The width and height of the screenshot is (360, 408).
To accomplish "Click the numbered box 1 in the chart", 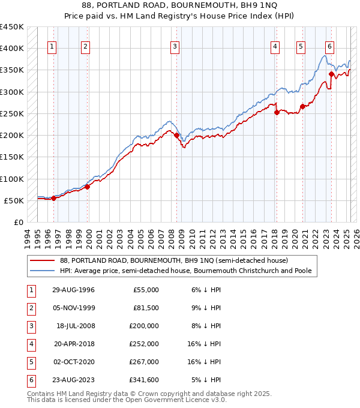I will click(53, 47).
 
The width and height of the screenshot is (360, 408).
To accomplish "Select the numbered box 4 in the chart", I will click(275, 47).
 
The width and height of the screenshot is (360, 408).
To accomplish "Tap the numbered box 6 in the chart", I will click(329, 47).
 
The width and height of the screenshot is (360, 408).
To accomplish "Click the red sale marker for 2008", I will click(177, 136).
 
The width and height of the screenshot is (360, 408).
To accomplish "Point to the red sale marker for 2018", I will click(277, 112).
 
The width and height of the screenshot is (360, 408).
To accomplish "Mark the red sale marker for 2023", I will click(331, 74).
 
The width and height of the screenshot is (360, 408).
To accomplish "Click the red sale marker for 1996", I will click(53, 198).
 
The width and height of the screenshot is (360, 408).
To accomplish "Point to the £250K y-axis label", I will click(13, 113).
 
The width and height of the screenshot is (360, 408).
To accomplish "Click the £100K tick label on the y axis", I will click(13, 179).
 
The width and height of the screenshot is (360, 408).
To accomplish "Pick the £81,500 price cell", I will click(145, 307).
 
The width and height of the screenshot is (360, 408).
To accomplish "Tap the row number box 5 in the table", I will click(31, 361).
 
